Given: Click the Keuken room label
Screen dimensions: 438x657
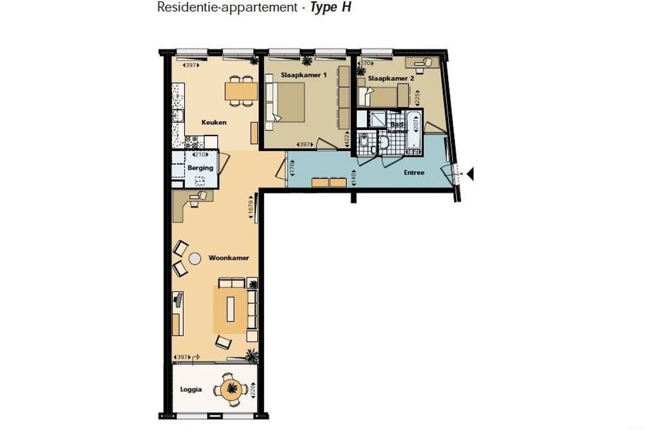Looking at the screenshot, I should (214, 123).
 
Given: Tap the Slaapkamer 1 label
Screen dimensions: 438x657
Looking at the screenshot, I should (304, 75).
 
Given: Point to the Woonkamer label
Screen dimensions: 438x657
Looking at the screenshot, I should (229, 258).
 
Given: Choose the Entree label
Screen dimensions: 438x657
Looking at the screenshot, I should (414, 173).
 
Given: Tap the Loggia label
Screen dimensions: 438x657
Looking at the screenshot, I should (191, 390).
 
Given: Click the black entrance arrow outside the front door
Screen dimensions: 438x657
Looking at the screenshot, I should (470, 175).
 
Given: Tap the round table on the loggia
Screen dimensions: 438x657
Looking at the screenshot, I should (233, 389).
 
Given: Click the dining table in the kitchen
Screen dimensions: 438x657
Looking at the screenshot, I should (241, 91).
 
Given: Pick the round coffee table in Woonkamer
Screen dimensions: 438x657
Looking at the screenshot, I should (195, 259).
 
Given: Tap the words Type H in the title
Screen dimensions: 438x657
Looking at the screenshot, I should (331, 8).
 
